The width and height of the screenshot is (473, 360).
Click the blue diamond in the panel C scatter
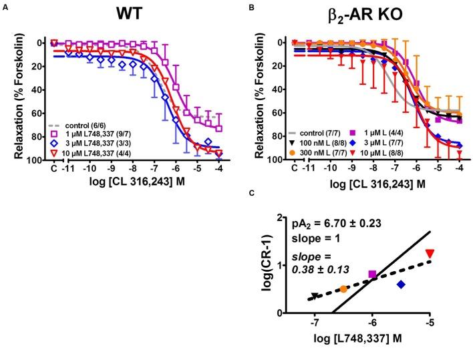[x=401, y=285]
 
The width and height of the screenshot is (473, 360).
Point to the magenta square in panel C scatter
[x=372, y=275]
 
